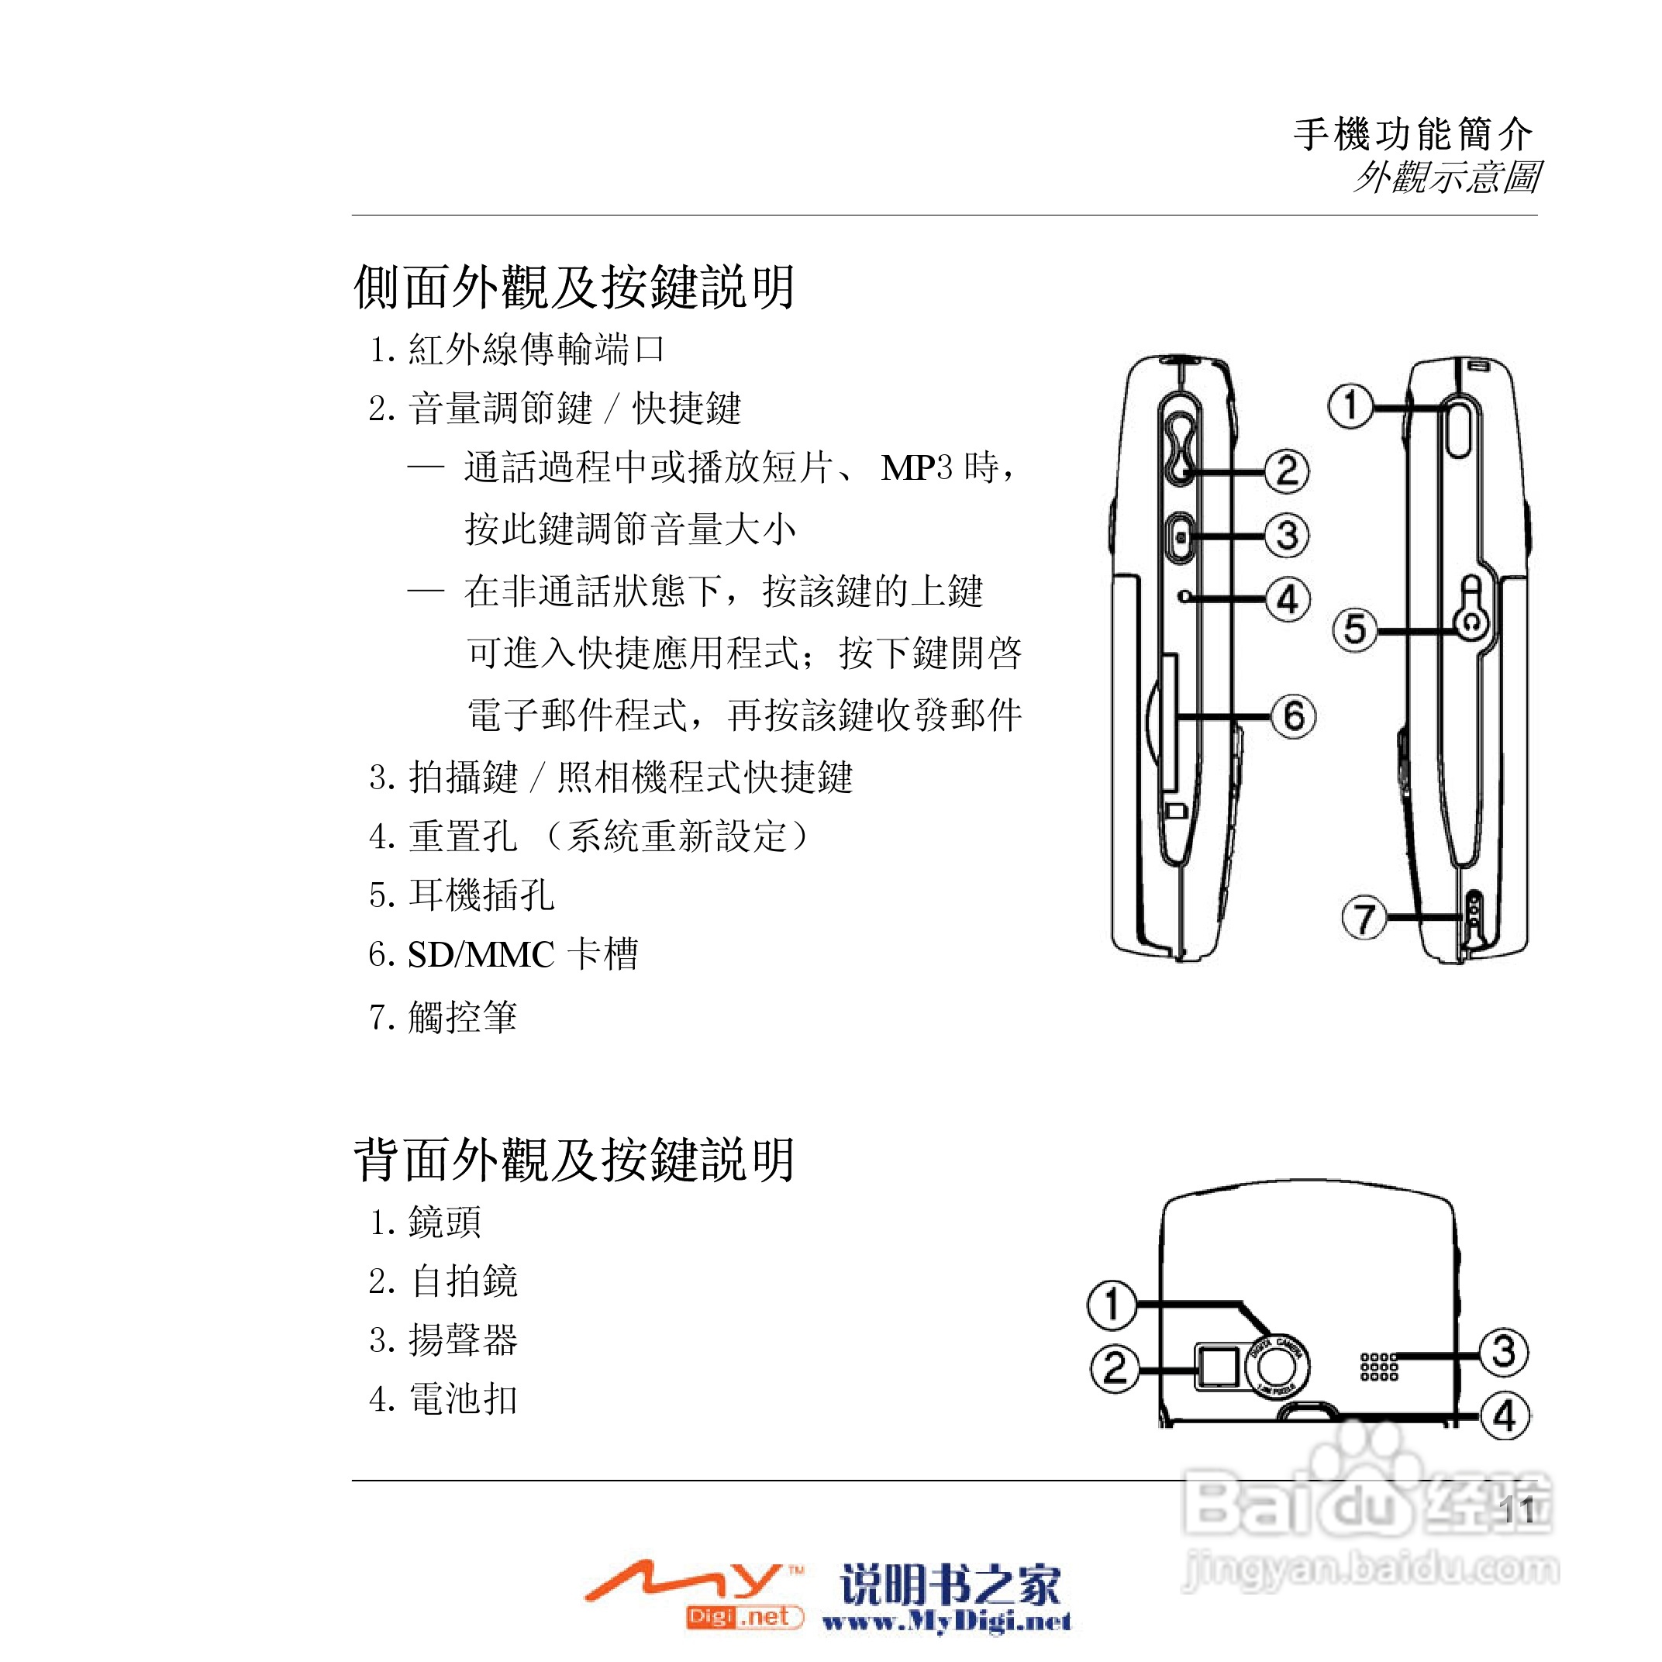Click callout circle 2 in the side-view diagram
pos(1286,471)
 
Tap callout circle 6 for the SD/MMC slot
pos(1294,715)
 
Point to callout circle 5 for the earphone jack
pos(1354,629)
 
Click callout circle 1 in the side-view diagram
pos(1350,405)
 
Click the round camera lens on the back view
pos(1277,1367)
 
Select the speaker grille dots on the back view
pos(1378,1366)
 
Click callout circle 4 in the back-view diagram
pos(1505,1415)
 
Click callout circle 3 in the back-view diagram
pos(1503,1351)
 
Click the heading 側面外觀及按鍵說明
pos(574,287)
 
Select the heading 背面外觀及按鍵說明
pos(574,1160)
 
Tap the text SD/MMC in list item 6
pos(480,955)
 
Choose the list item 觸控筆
pos(462,1017)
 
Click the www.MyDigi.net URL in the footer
pos(947,1622)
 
